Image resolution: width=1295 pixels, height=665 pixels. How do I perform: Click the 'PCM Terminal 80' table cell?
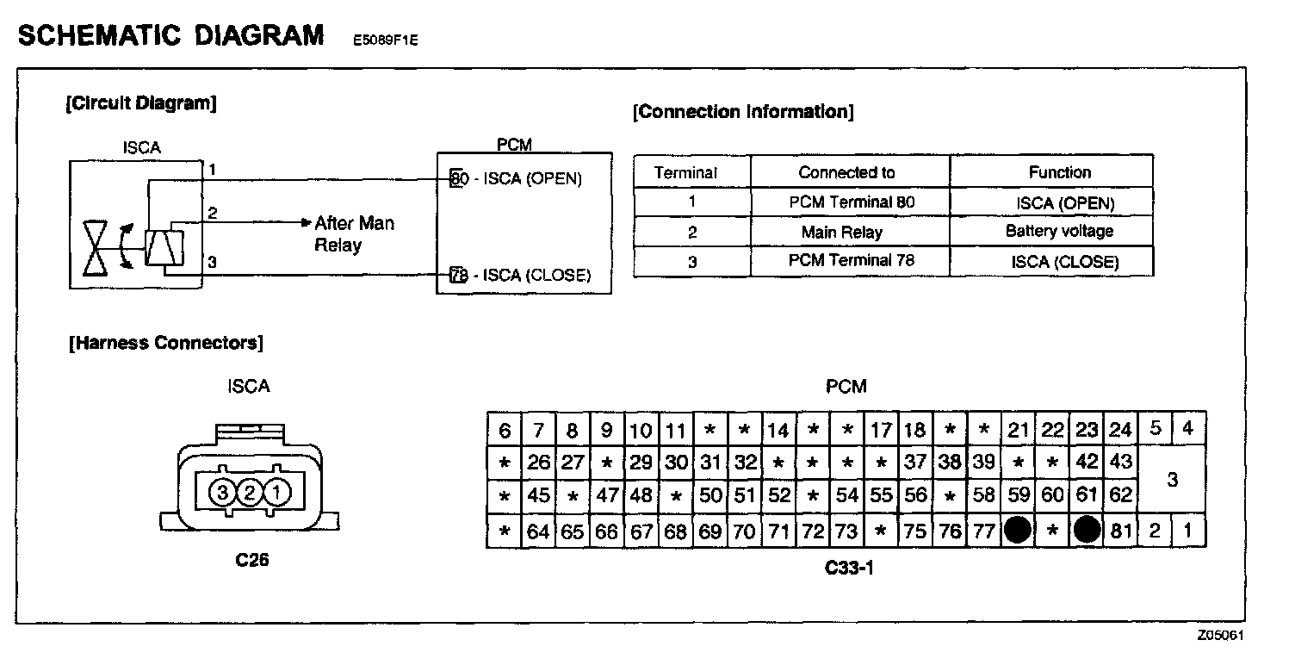[x=850, y=202]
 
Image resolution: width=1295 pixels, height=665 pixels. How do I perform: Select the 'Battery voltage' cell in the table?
[x=1059, y=231]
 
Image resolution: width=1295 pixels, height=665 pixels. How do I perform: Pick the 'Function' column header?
[x=1059, y=172]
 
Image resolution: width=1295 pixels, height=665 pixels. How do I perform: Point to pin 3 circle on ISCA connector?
[x=222, y=494]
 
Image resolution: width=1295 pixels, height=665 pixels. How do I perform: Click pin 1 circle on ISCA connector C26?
[x=276, y=494]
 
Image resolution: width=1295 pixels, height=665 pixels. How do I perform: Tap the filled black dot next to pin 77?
[x=1019, y=531]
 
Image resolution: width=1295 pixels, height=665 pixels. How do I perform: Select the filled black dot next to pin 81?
[x=1087, y=531]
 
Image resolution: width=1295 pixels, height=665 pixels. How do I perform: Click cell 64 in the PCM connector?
[x=538, y=531]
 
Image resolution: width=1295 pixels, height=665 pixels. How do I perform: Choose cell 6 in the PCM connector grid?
[x=505, y=430]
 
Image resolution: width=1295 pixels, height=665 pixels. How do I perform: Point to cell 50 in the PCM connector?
[x=710, y=496]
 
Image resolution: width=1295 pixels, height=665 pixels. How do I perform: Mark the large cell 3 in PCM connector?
[x=1171, y=480]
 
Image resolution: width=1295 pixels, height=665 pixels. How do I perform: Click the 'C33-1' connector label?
[x=848, y=568]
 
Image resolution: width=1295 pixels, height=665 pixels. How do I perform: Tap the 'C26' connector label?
[x=251, y=561]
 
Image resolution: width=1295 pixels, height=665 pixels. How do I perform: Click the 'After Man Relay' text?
[x=353, y=233]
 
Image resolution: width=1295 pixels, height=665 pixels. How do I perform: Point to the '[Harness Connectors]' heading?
[x=165, y=343]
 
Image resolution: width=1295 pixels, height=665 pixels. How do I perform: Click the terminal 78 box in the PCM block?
[x=458, y=276]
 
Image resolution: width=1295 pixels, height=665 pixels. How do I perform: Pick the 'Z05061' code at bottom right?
[x=1219, y=636]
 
